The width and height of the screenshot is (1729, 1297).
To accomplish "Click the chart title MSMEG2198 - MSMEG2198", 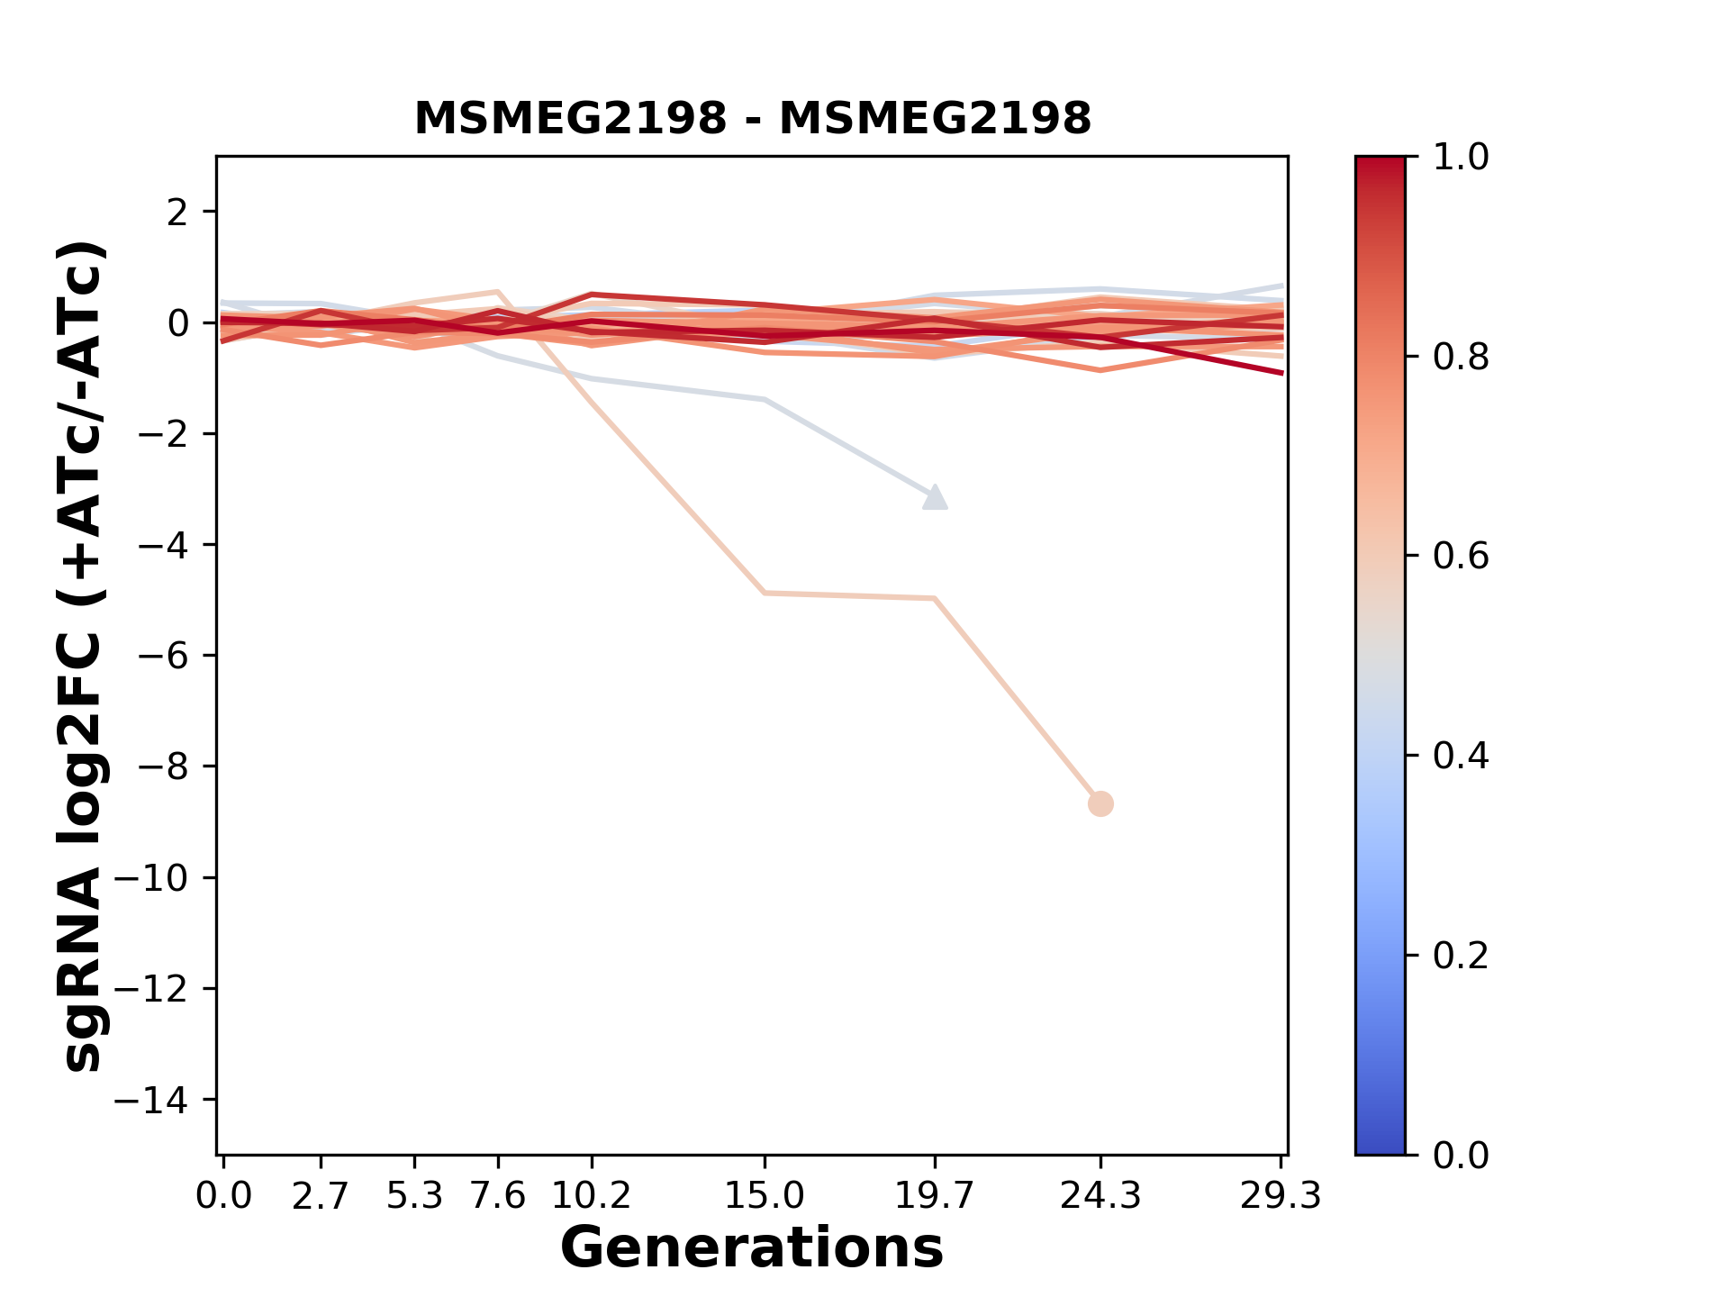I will [x=752, y=119].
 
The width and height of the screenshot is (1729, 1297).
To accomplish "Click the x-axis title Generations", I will [x=752, y=1248].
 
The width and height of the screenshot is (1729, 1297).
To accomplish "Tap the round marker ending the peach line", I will [x=1100, y=803].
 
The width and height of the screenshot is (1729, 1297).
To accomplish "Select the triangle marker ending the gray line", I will [x=935, y=498].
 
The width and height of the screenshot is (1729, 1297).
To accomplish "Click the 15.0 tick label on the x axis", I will [x=765, y=1196].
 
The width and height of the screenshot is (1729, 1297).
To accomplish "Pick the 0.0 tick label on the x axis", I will [x=223, y=1196].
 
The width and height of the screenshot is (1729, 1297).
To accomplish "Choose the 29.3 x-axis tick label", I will [x=1281, y=1196].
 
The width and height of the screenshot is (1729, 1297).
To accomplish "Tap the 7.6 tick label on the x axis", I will [x=498, y=1196].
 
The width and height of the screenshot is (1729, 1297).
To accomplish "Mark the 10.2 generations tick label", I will [x=591, y=1196].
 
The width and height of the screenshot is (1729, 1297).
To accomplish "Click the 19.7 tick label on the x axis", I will [x=935, y=1196].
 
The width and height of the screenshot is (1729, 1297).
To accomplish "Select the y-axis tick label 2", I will [x=177, y=213].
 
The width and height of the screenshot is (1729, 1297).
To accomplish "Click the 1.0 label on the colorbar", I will [x=1461, y=158].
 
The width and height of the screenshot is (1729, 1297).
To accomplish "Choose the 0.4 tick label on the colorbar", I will [x=1461, y=756].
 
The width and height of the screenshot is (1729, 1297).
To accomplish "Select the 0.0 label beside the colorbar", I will [x=1461, y=1155].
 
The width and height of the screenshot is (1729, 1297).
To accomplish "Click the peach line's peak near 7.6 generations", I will [x=497, y=292].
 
